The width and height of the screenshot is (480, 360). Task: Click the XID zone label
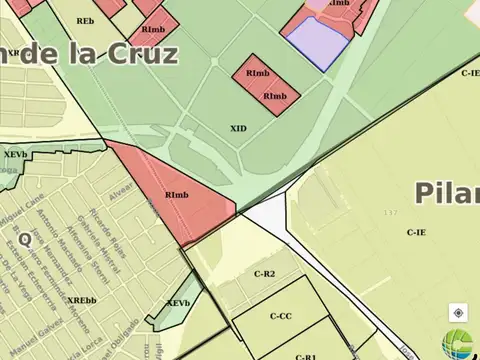click(238, 128)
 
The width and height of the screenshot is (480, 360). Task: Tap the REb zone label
click(85, 20)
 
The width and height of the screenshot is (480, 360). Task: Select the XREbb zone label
click(82, 301)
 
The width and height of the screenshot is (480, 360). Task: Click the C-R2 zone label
click(264, 273)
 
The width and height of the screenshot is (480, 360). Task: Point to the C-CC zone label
click(281, 316)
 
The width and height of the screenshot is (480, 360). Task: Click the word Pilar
click(446, 191)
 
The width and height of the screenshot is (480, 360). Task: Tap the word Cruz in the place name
click(138, 53)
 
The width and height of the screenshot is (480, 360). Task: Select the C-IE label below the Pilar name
click(417, 232)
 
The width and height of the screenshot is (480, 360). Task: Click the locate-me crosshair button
click(458, 312)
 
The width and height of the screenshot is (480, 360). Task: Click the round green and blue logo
click(462, 343)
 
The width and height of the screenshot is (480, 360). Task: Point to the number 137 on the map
click(390, 213)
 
